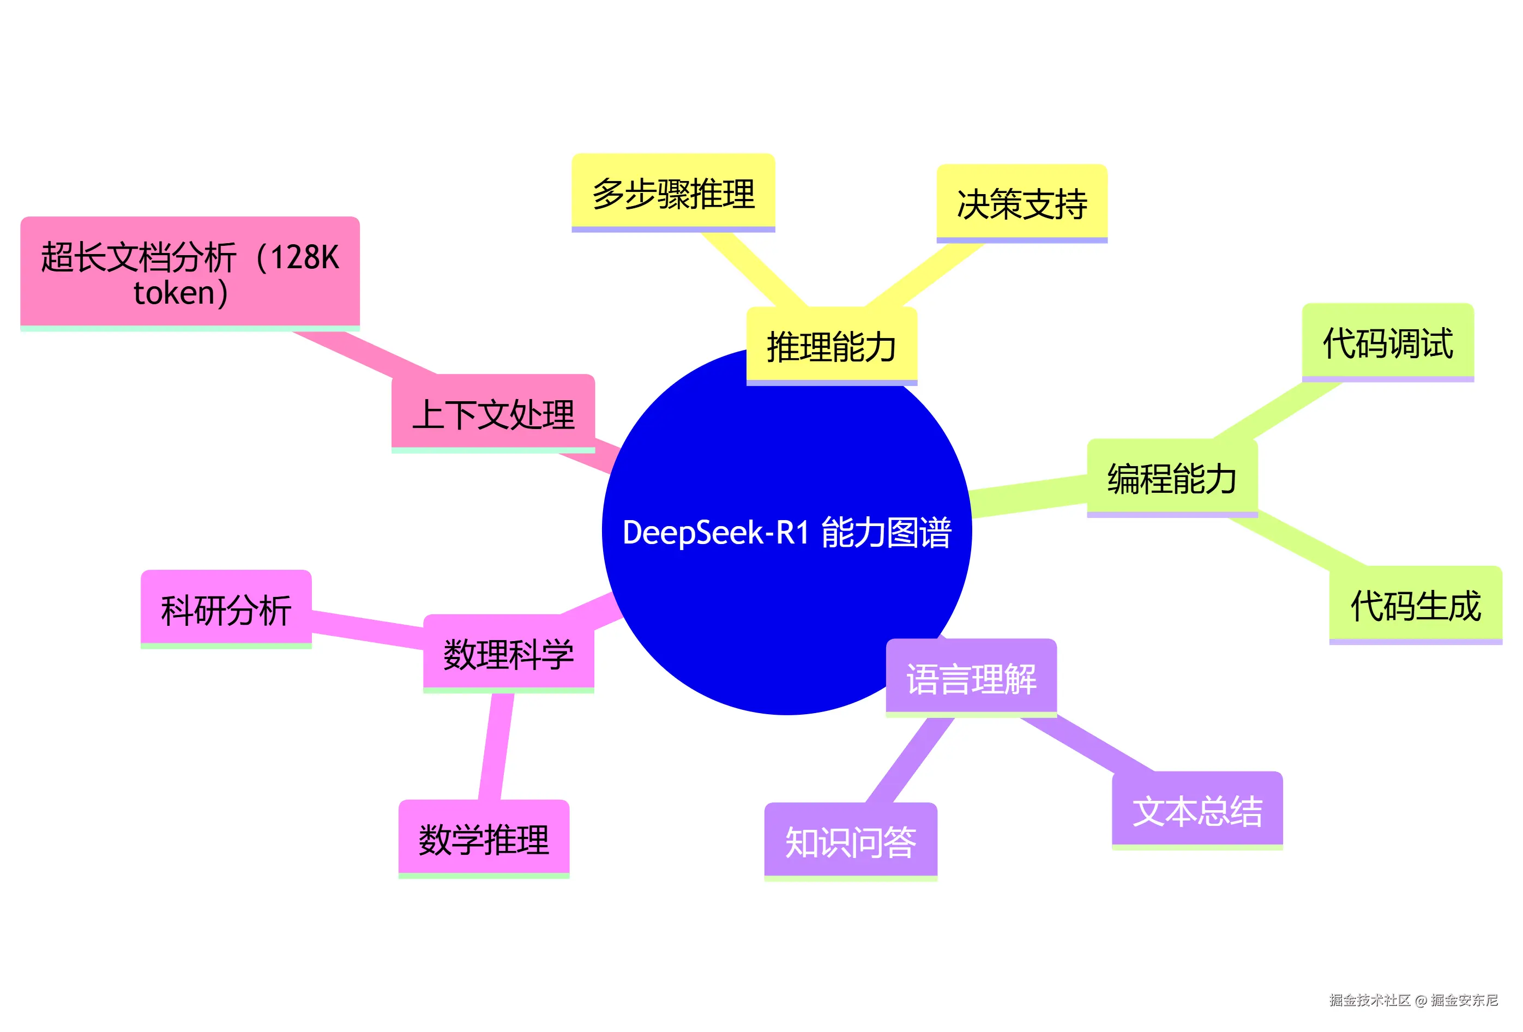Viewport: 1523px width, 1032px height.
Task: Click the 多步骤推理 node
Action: [673, 194]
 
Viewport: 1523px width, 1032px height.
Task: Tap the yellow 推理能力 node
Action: [831, 346]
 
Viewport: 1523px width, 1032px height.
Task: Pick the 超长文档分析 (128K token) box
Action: [190, 273]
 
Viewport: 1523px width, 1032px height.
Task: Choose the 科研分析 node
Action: [226, 609]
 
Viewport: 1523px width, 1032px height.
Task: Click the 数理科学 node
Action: [509, 653]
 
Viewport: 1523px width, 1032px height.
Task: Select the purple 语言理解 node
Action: [971, 678]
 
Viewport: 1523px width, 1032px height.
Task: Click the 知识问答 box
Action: [851, 841]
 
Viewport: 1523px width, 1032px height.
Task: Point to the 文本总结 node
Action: [1197, 811]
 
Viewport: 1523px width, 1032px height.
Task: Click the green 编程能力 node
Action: [1172, 478]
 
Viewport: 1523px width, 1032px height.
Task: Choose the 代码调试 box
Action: [1387, 342]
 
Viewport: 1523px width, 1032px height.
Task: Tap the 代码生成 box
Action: [1416, 605]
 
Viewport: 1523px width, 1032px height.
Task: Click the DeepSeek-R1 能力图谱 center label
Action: [786, 532]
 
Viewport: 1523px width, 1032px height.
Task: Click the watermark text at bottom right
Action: [1413, 1000]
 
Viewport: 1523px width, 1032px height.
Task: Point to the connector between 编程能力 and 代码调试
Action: [1278, 410]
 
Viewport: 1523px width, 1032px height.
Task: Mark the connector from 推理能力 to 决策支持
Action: [924, 275]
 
